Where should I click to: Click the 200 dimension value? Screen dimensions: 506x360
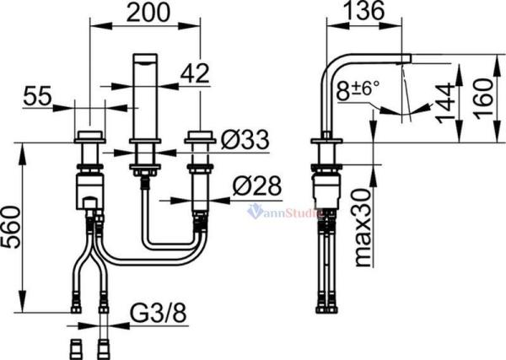148,13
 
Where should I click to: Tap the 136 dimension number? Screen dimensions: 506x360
363,10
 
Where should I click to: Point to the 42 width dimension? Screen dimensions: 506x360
195,73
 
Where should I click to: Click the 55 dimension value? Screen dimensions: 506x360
37,96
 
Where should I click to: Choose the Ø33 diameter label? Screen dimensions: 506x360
245,140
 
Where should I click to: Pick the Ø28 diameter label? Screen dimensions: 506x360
257,186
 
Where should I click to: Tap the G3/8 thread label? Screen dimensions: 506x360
159,312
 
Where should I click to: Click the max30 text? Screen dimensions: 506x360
363,228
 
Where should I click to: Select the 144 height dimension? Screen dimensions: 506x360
444,103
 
